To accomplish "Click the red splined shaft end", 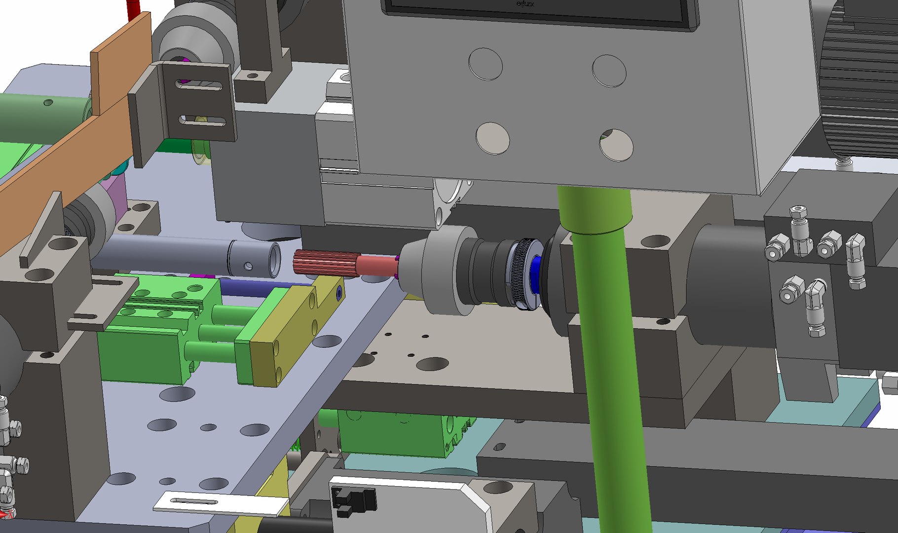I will point(323,263).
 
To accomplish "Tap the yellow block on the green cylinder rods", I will point(291,336).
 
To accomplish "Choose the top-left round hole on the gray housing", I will point(486,64).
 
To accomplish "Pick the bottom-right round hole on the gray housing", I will point(616,145).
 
